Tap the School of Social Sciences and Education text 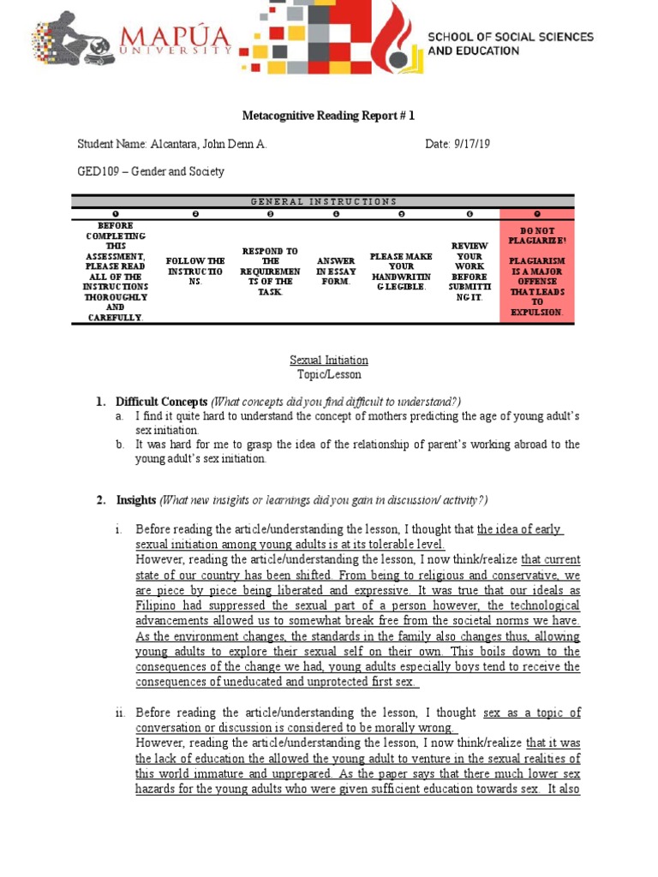(x=510, y=44)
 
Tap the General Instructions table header (x=323, y=201)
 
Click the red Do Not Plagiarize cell (x=536, y=271)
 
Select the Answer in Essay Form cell (x=336, y=271)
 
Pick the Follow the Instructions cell (x=194, y=271)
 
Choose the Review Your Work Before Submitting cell (x=470, y=271)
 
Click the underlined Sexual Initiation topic (x=329, y=361)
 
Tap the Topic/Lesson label (x=329, y=374)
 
